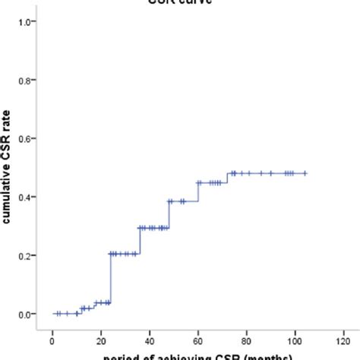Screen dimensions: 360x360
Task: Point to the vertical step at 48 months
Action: [169, 214]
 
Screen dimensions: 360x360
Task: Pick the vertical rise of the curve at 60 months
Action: [198, 191]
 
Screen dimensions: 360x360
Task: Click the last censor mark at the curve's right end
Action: [305, 173]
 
